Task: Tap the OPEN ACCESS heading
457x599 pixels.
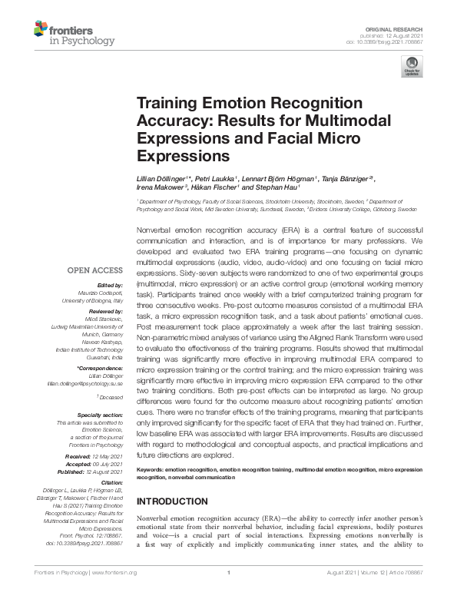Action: coord(94,270)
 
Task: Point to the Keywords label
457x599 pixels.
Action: coord(151,468)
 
